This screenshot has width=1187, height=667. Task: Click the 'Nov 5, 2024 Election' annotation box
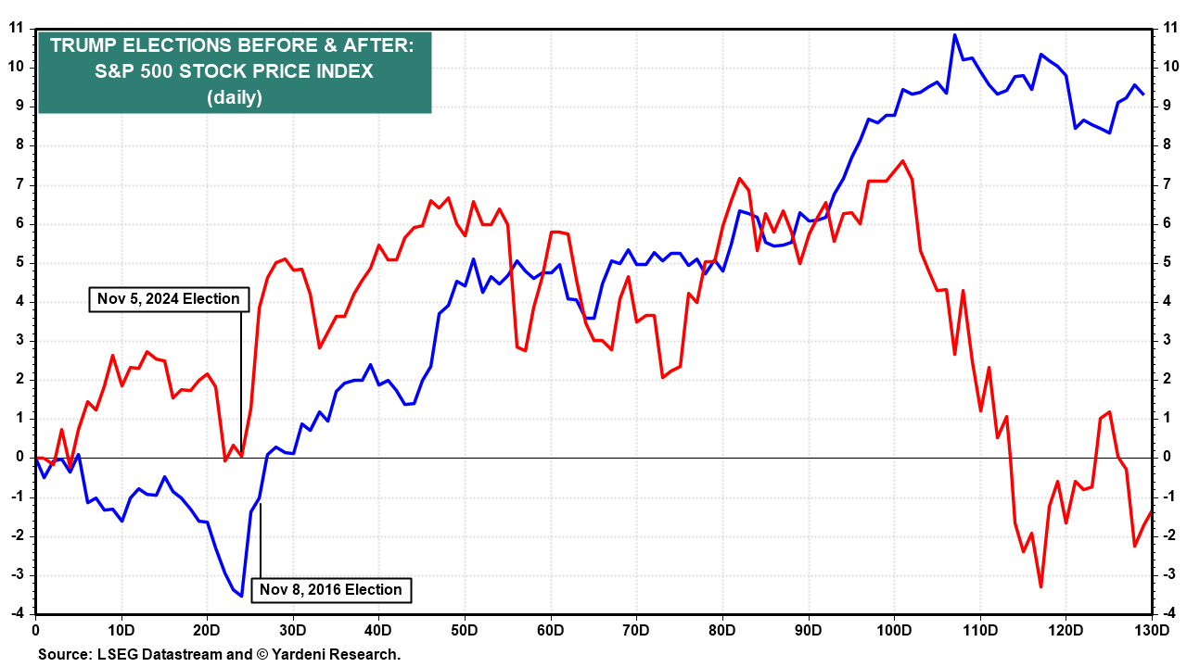point(169,299)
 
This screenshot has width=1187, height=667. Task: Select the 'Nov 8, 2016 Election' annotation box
point(331,589)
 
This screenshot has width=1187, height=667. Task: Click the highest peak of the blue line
point(954,35)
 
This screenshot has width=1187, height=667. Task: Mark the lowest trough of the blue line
point(241,596)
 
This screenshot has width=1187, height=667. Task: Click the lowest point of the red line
point(1040,586)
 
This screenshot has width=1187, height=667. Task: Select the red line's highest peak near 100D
point(903,161)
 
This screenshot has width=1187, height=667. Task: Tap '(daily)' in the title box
point(235,97)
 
